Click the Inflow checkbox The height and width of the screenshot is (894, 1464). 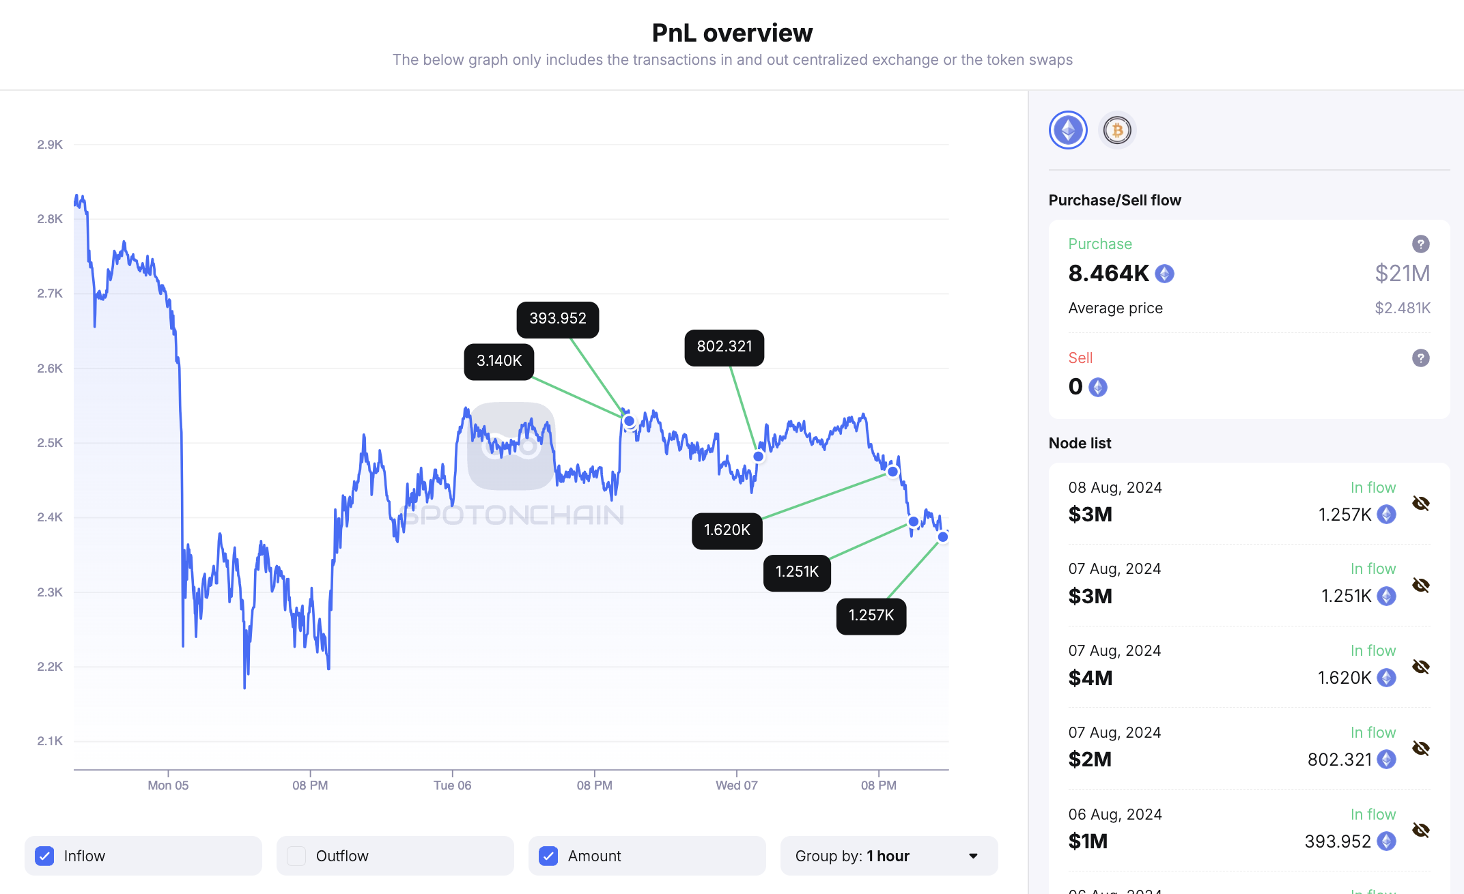[45, 856]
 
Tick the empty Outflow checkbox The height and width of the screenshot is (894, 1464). [296, 856]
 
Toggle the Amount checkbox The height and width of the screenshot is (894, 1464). [548, 856]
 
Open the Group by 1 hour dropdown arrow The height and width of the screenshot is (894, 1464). [973, 856]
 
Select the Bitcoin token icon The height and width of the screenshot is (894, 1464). [1117, 130]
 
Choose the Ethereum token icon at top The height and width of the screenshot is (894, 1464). [1068, 130]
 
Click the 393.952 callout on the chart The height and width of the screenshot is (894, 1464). [557, 319]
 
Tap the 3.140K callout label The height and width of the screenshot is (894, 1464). [498, 361]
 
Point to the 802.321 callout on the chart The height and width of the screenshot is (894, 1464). [724, 347]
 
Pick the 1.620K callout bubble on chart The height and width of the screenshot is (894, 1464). [727, 530]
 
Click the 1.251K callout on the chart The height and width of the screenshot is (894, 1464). [797, 572]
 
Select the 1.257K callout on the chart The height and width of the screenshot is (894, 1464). [871, 616]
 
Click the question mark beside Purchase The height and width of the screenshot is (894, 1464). [1420, 244]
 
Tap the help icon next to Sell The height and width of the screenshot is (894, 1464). [1420, 358]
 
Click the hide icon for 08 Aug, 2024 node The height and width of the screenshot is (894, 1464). [1420, 504]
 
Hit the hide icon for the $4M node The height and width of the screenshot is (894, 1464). [1420, 667]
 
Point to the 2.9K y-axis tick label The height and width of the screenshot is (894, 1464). [50, 145]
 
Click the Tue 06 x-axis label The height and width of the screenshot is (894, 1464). [452, 785]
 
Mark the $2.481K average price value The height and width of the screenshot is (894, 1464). [1402, 308]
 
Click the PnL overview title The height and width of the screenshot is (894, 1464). [732, 33]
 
